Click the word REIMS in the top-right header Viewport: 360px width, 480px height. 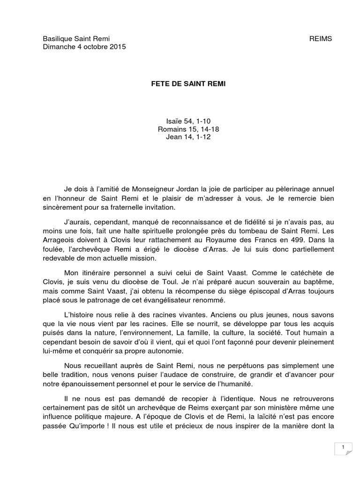point(321,38)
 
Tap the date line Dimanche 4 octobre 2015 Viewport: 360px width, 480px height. point(84,47)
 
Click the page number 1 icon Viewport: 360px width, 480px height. point(344,448)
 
